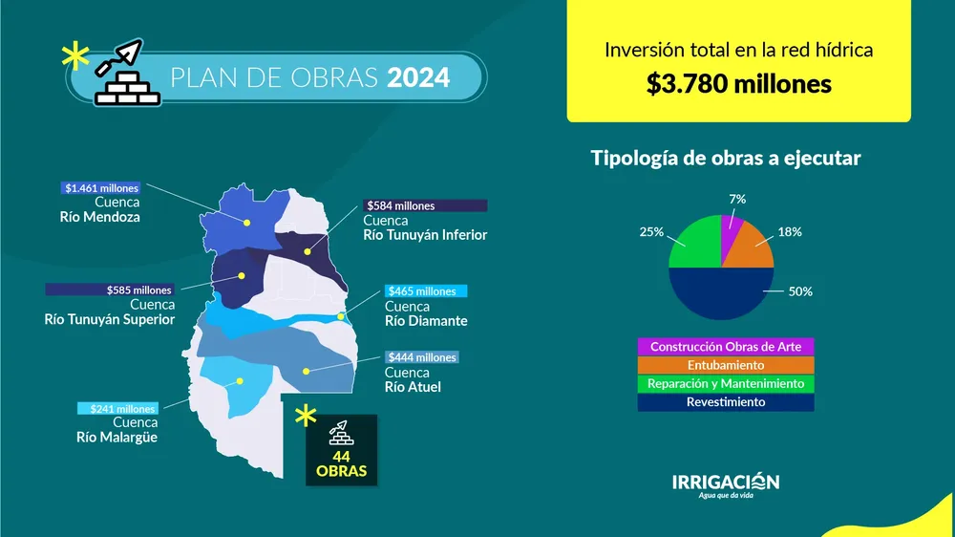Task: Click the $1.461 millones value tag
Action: [x=100, y=188]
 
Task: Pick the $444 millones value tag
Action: [x=422, y=357]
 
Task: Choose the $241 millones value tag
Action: [x=117, y=409]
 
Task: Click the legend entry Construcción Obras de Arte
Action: [x=726, y=347]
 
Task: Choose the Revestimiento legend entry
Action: [x=726, y=402]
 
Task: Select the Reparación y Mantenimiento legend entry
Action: [x=726, y=384]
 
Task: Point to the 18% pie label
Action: [x=789, y=232]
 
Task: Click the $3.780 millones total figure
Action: [x=738, y=84]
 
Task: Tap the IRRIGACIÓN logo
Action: [x=726, y=484]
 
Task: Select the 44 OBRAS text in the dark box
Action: [x=342, y=464]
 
